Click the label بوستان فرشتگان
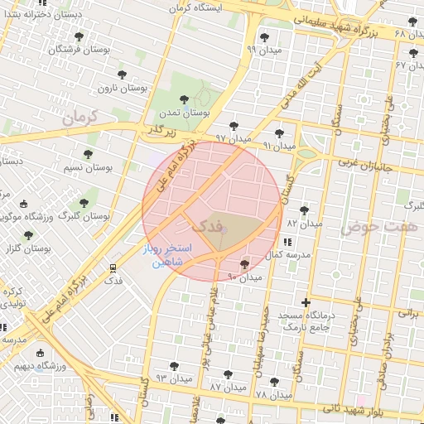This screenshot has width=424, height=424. pos(78,51)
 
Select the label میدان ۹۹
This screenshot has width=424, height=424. pos(263,50)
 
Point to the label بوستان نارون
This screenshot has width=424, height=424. pos(123,88)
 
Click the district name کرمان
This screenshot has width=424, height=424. pos(79,117)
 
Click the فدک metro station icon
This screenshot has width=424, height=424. pos(113,267)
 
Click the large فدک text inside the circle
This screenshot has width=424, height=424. pos(206,225)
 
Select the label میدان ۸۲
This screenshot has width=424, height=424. pos(303,224)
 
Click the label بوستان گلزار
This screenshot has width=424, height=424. pos(30,248)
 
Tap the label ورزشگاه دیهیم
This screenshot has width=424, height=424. pos(34,364)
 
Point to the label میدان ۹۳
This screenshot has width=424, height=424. pos(173,378)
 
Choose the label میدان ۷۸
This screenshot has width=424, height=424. pos(274,395)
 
